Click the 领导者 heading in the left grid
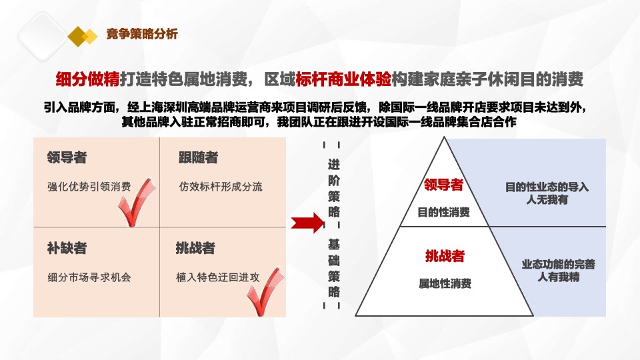click(x=67, y=158)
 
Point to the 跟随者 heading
click(x=198, y=158)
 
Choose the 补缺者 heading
click(x=67, y=248)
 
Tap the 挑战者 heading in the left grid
click(x=195, y=248)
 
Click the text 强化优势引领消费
click(x=89, y=187)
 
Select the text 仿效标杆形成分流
click(x=221, y=187)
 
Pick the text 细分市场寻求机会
click(x=89, y=277)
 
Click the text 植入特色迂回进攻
click(x=217, y=277)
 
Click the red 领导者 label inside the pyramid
click(x=443, y=185)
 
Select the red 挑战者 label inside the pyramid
click(x=445, y=255)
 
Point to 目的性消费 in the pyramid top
click(x=443, y=213)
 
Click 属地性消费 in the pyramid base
click(x=445, y=283)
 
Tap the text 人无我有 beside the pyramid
click(x=547, y=199)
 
